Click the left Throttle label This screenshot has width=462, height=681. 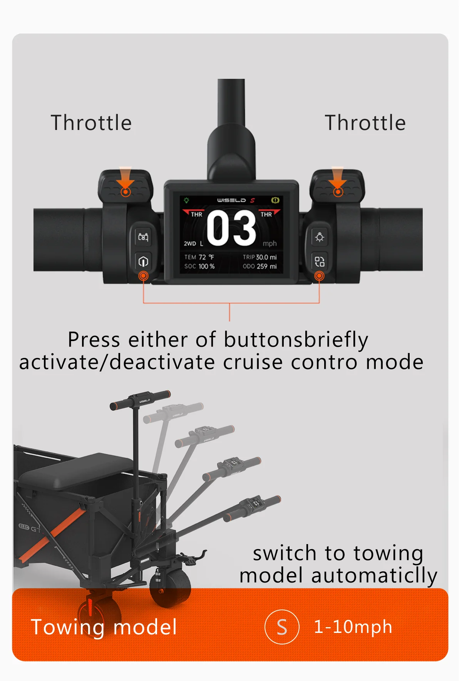91,123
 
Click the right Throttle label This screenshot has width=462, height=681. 365,123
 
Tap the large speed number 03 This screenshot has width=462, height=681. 231,228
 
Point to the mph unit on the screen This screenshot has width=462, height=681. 269,244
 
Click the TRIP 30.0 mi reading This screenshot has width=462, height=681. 259,257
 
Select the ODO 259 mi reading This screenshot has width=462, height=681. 259,266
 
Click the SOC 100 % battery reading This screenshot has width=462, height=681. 199,266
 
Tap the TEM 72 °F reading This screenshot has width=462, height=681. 199,257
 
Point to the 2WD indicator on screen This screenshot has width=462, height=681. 190,244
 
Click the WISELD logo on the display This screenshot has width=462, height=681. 231,200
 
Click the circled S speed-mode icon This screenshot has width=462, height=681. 282,627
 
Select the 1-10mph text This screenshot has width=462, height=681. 353,627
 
